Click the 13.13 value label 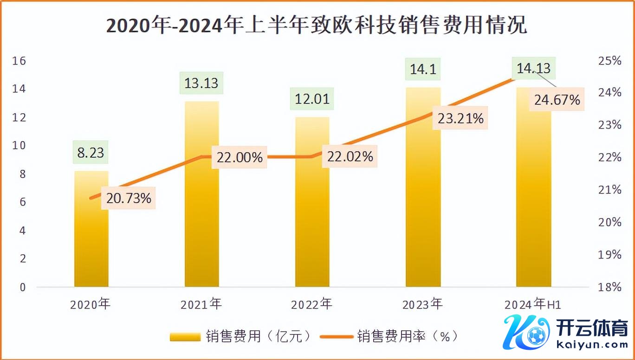(x=201, y=84)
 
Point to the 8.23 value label (x=91, y=152)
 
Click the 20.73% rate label (x=129, y=198)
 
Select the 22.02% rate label (x=350, y=156)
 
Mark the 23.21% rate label (x=460, y=118)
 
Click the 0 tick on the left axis (x=23, y=287)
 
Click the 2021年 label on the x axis (x=201, y=305)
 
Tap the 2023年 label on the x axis (x=422, y=305)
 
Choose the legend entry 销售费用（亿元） (x=241, y=336)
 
